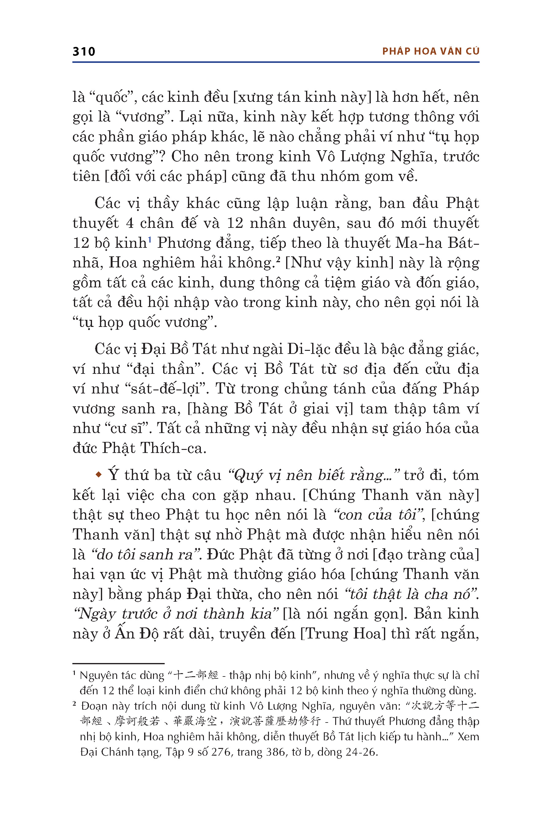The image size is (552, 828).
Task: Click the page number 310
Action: click(x=84, y=52)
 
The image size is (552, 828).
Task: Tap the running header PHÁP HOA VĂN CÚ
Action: click(x=431, y=52)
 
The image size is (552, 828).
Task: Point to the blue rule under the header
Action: click(x=276, y=62)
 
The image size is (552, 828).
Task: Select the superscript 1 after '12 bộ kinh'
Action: click(x=150, y=240)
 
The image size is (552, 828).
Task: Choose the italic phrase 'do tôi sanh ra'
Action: click(x=145, y=554)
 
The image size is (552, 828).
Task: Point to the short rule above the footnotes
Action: click(x=119, y=663)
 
